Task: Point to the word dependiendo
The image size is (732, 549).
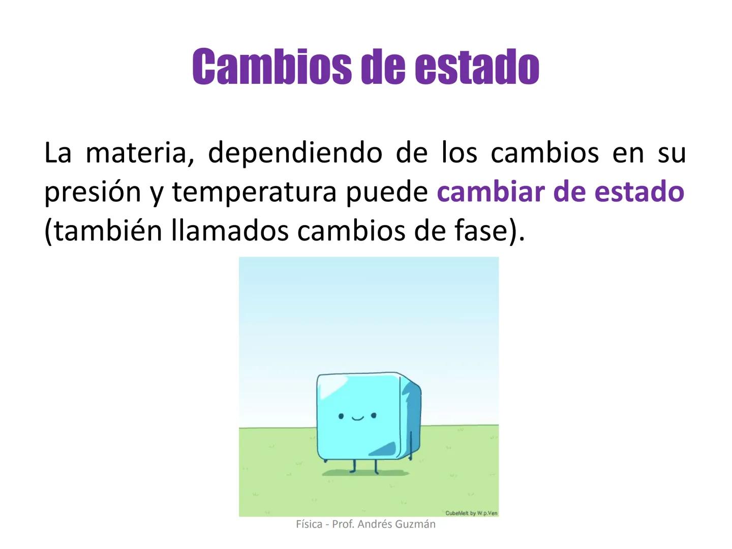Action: [x=295, y=152]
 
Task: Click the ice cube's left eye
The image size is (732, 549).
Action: [x=341, y=416]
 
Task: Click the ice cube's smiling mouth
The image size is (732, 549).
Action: [x=357, y=419]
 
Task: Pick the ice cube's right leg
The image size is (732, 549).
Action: [x=376, y=465]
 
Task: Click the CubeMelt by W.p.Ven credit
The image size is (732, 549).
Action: [x=471, y=513]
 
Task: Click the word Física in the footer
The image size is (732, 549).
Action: [x=309, y=524]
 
